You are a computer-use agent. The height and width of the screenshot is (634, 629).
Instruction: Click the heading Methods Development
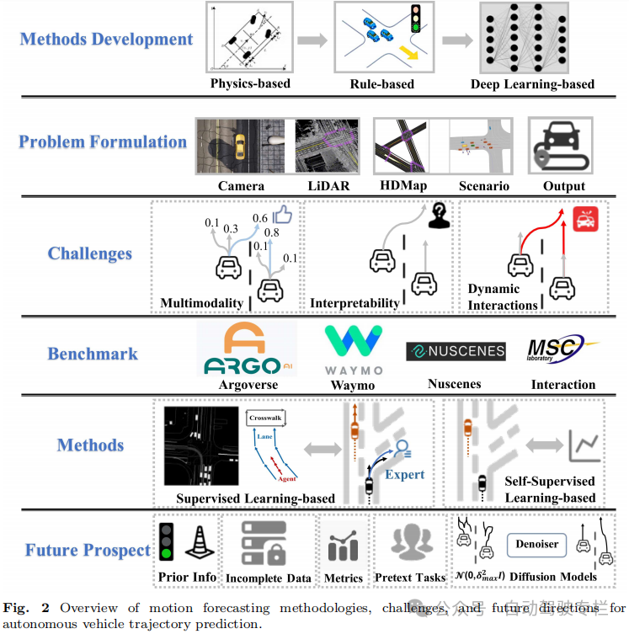click(106, 39)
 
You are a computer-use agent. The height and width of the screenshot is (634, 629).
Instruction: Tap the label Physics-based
click(250, 84)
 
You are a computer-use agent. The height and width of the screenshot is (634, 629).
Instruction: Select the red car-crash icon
click(585, 220)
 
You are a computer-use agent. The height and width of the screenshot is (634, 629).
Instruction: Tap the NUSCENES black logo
click(455, 351)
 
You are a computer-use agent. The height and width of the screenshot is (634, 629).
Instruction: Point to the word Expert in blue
click(405, 474)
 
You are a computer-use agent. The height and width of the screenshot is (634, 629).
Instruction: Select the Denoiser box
click(537, 544)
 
